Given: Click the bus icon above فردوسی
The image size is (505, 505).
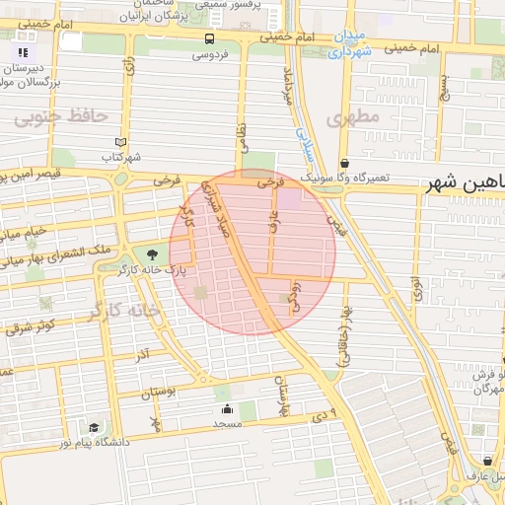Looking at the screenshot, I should (209, 39).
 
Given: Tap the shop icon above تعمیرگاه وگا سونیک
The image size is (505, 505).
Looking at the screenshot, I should (344, 163).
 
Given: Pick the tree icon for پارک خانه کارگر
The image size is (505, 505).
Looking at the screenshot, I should (150, 254).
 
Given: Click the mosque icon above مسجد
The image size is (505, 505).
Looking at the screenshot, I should (227, 408).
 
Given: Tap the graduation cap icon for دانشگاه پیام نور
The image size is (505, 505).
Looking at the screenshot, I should (94, 428).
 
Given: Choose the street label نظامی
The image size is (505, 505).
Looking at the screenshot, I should (242, 136).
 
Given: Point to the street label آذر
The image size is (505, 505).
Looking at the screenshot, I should (143, 353).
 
